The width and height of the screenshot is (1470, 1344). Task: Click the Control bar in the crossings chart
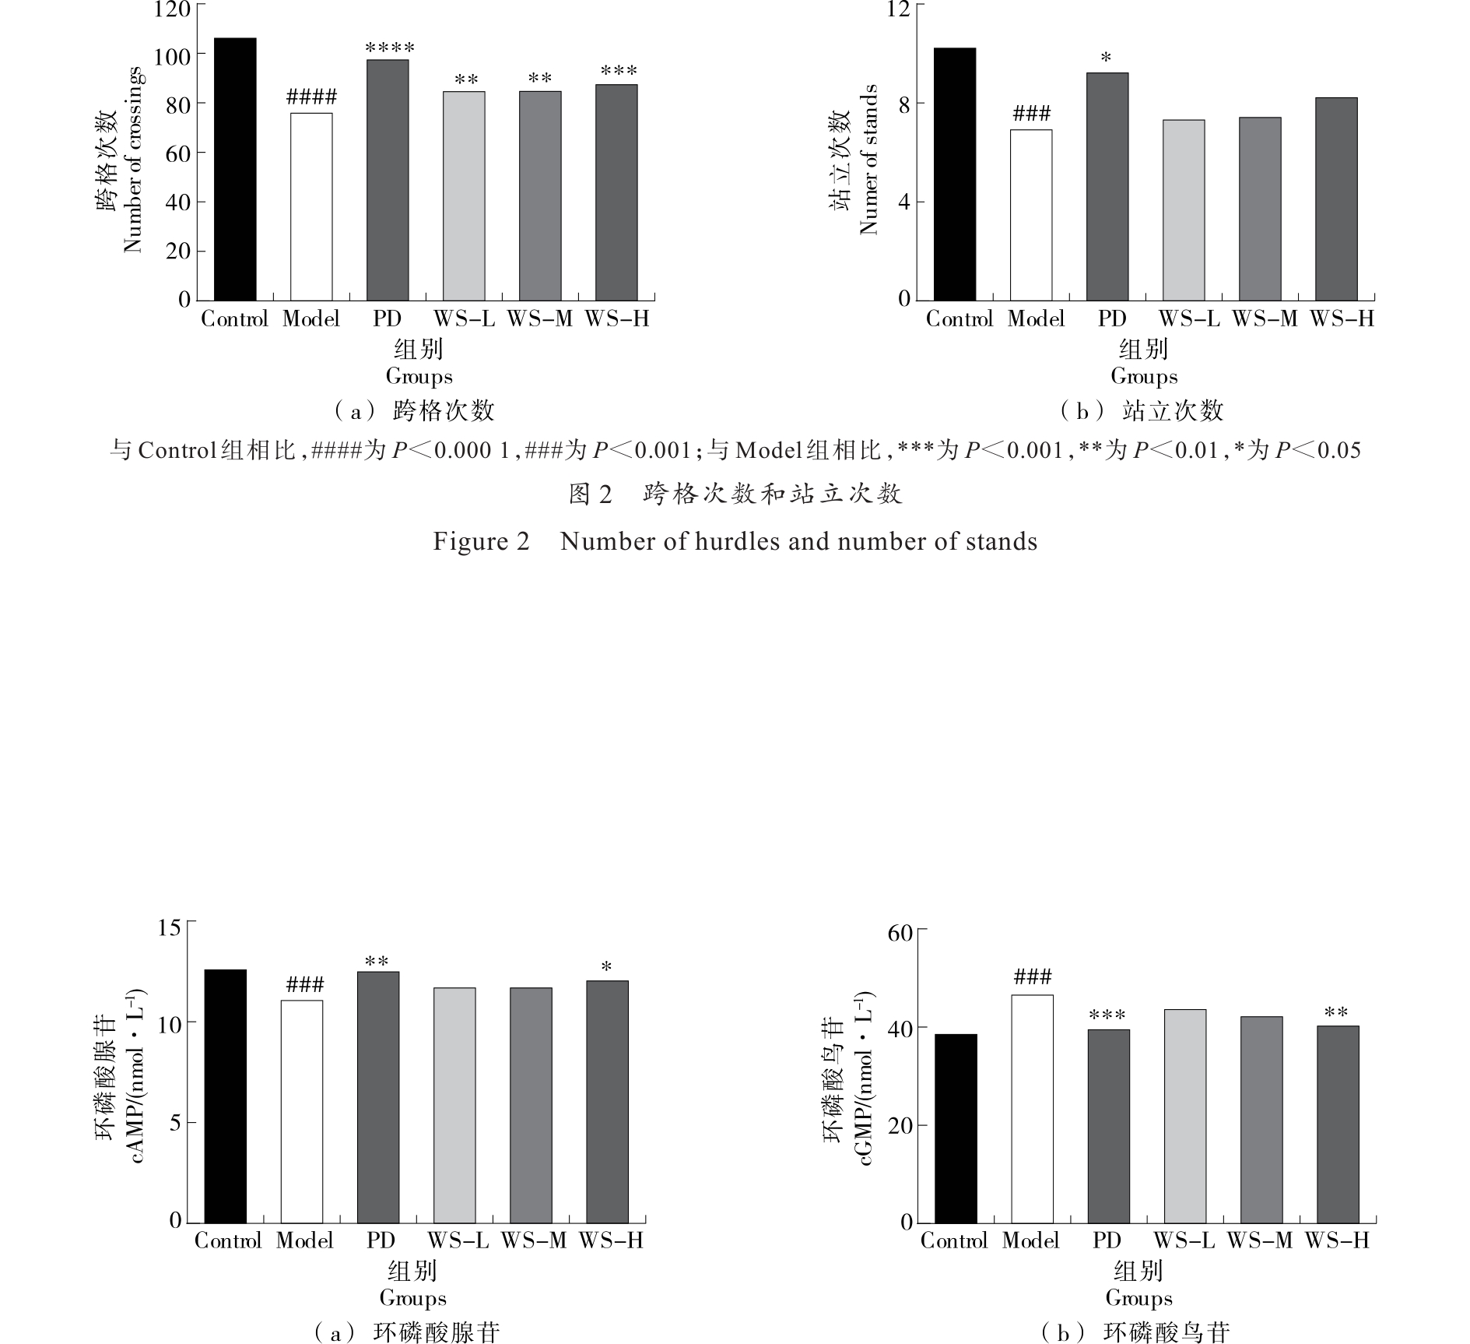(235, 169)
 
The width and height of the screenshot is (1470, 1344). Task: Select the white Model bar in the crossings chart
(311, 206)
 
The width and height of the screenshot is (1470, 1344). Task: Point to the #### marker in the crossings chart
(311, 97)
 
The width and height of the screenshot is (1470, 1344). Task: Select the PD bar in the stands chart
(1107, 186)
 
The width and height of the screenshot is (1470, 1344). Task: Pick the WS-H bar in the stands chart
(1336, 199)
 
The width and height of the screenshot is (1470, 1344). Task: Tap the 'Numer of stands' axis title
(868, 160)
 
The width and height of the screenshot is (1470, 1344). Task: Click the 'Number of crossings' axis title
(133, 160)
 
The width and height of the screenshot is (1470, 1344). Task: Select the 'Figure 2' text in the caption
(481, 541)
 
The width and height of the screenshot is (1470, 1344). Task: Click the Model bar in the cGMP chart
(1032, 1109)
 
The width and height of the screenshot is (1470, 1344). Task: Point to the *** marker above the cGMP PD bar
(1107, 1015)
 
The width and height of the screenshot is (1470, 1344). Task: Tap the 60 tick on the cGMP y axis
(900, 933)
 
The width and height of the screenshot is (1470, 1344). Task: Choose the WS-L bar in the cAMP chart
(454, 1105)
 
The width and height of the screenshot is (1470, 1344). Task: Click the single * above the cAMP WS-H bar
(606, 968)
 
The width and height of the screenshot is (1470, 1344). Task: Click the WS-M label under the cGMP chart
(1260, 1240)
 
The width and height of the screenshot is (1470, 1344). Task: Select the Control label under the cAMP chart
(227, 1240)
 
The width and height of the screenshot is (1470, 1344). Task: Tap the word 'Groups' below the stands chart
(1143, 377)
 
